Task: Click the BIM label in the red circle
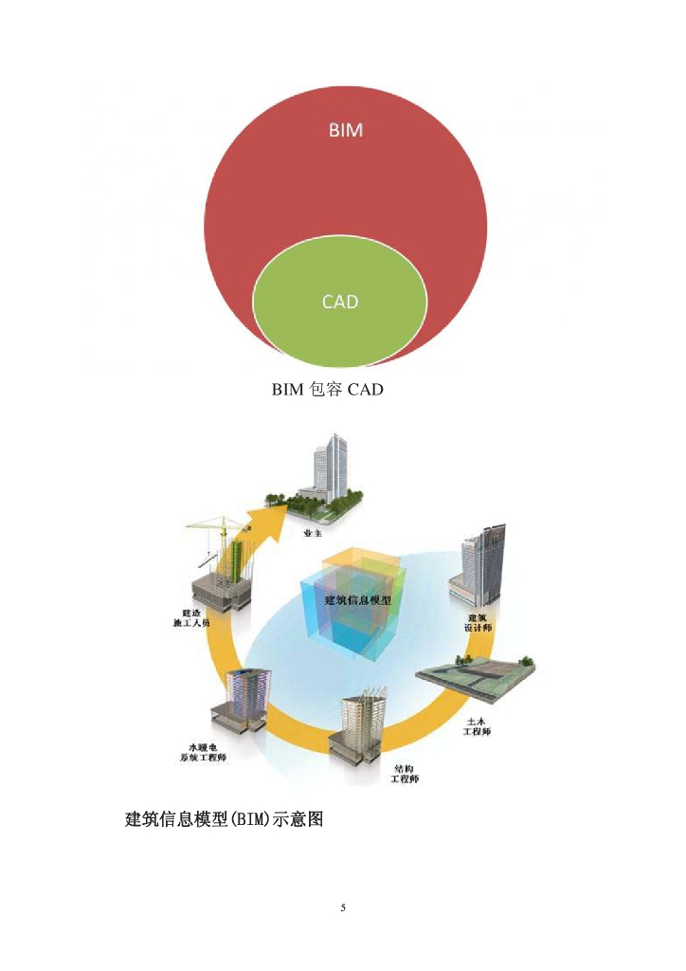click(346, 131)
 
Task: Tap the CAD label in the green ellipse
click(340, 302)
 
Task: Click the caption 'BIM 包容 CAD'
click(328, 389)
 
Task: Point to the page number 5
click(343, 907)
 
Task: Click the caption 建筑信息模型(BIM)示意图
click(225, 818)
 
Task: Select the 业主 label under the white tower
click(310, 534)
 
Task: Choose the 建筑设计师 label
click(478, 623)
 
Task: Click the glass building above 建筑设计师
click(482, 563)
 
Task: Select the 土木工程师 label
click(478, 726)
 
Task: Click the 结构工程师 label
click(406, 773)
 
